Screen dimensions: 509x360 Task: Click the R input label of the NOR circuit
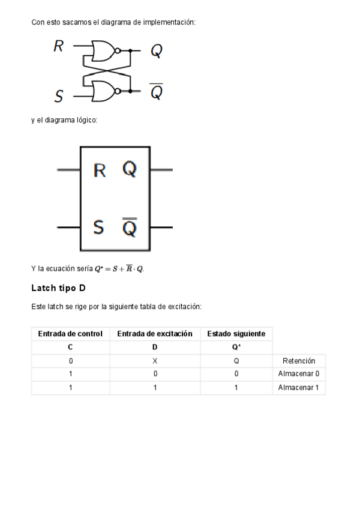click(x=59, y=46)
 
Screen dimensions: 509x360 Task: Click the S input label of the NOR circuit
click(x=59, y=95)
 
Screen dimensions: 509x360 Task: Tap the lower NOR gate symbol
click(x=104, y=90)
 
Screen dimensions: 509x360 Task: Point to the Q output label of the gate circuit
click(x=156, y=51)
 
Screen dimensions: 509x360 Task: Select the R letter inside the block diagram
click(x=100, y=170)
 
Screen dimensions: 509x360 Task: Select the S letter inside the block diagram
click(x=99, y=227)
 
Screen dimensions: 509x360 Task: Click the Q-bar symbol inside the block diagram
click(x=130, y=227)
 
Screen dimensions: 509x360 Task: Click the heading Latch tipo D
click(x=59, y=288)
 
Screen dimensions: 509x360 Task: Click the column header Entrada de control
click(x=70, y=333)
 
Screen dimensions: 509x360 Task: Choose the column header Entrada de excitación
click(x=155, y=333)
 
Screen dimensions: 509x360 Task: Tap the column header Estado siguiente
click(x=236, y=333)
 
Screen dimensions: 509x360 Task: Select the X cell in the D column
click(x=155, y=361)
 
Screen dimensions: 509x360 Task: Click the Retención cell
click(x=299, y=361)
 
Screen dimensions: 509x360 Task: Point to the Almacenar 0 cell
click(x=299, y=374)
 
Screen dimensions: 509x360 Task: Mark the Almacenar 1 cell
click(x=299, y=388)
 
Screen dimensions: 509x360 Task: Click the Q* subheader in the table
click(x=236, y=347)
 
